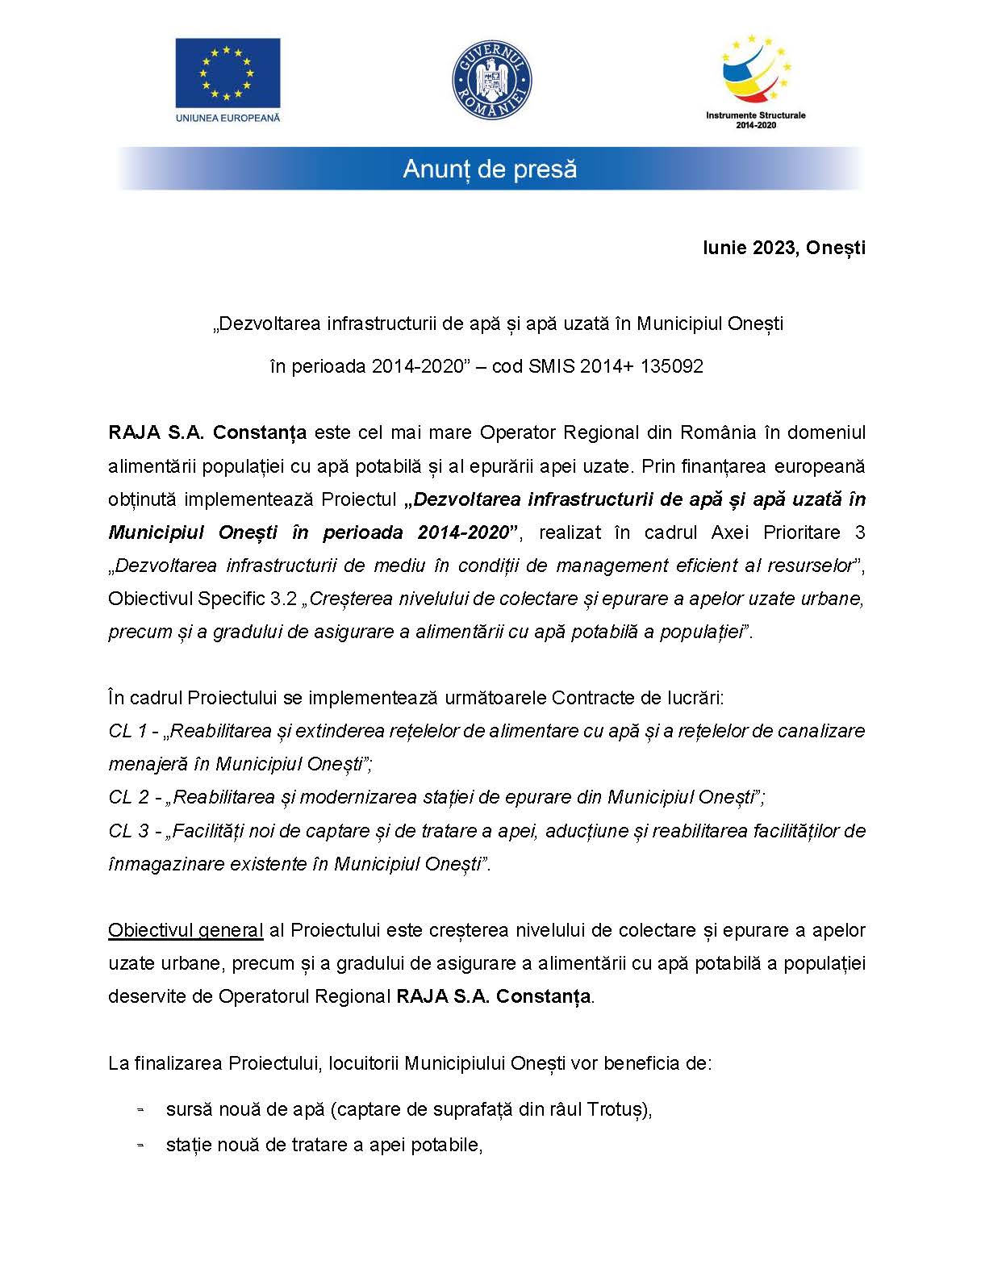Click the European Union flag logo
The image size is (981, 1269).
pyautogui.click(x=228, y=73)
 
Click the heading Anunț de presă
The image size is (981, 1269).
pyautogui.click(x=490, y=169)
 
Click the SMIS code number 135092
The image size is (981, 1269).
pyautogui.click(x=672, y=366)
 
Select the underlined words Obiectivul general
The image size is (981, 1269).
pyautogui.click(x=186, y=930)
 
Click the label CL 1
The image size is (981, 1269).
pyautogui.click(x=127, y=731)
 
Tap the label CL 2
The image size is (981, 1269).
pyautogui.click(x=128, y=797)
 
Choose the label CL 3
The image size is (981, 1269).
pyautogui.click(x=128, y=830)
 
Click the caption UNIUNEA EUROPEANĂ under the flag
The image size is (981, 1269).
pyautogui.click(x=228, y=118)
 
